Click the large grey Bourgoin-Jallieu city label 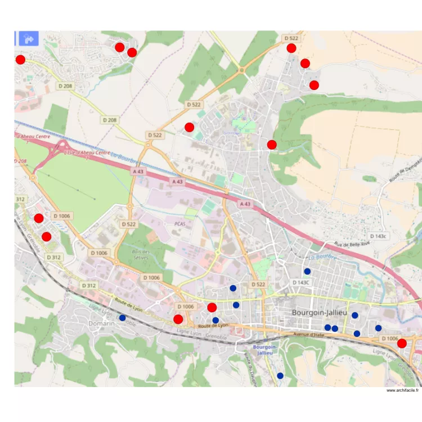(x=320, y=312)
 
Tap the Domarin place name (x=101, y=324)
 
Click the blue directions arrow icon (x=29, y=38)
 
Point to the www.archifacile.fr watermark (x=402, y=390)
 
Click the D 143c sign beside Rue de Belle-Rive (x=379, y=236)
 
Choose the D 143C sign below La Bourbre (x=301, y=282)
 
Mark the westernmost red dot (x=20, y=60)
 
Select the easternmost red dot (x=402, y=343)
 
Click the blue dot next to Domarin (x=123, y=318)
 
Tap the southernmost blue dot (x=280, y=375)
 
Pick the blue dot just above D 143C (x=307, y=271)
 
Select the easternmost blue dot (x=378, y=328)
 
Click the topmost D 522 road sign (x=291, y=38)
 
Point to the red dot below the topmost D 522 (x=291, y=48)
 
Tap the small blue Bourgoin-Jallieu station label (x=264, y=350)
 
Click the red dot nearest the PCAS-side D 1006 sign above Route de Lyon (x=212, y=307)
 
